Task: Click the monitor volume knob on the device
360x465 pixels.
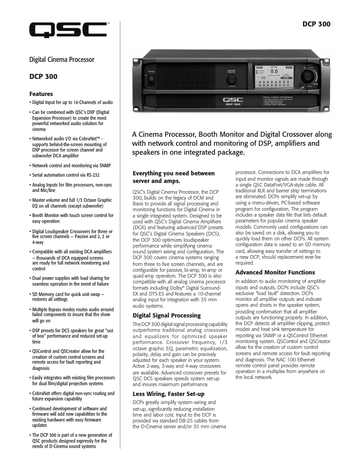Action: pyautogui.click(x=232, y=73)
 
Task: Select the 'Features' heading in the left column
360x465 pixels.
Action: pyautogui.click(x=41, y=94)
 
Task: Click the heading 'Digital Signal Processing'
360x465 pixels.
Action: pyautogui.click(x=167, y=316)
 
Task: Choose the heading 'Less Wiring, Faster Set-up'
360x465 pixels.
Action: pyautogui.click(x=168, y=394)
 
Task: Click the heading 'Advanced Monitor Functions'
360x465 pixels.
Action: pyautogui.click(x=275, y=273)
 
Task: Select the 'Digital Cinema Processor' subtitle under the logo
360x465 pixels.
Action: pyautogui.click(x=61, y=60)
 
